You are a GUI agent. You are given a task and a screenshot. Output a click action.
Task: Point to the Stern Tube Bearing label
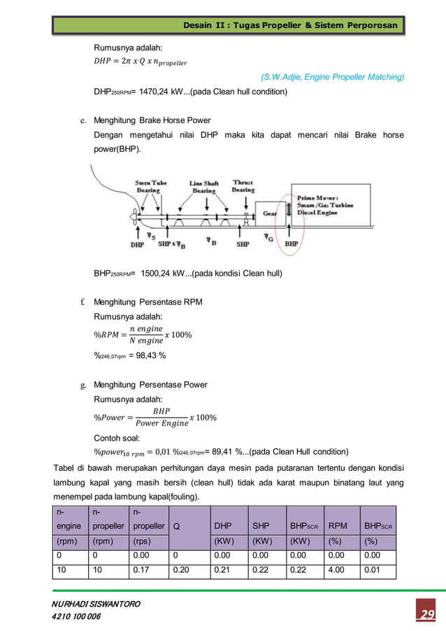coord(152,187)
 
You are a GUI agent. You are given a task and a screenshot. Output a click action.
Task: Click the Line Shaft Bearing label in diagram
coord(203,187)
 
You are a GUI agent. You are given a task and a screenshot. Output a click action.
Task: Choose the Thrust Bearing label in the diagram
coord(243,187)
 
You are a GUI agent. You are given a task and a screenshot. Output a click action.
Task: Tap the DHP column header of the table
coord(223,525)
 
